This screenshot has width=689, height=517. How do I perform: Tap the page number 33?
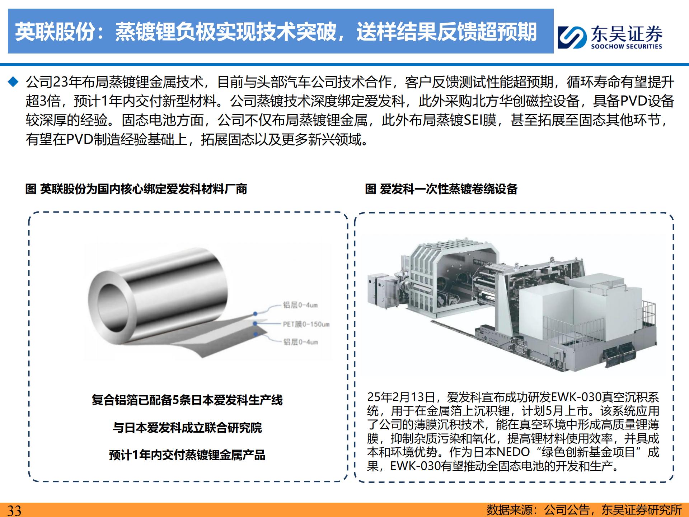(x=14, y=510)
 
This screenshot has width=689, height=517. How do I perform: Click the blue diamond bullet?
(x=13, y=82)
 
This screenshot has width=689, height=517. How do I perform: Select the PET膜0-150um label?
(x=306, y=324)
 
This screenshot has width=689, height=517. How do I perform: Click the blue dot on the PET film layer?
(x=255, y=324)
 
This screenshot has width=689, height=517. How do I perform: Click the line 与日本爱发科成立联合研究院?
(x=187, y=428)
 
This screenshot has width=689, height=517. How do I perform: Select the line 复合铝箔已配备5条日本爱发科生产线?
(x=187, y=400)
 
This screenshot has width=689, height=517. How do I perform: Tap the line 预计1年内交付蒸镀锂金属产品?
(x=187, y=455)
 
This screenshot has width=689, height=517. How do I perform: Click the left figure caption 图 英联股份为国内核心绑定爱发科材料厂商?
(x=136, y=189)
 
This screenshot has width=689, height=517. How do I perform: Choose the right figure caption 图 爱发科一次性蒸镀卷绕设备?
(x=441, y=189)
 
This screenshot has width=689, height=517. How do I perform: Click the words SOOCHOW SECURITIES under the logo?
(x=627, y=46)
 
